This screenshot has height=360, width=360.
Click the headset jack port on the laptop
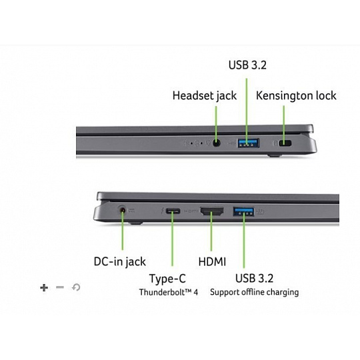coord(216,143)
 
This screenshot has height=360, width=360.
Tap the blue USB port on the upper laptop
coord(249,143)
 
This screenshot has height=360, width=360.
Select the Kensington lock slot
coord(285,143)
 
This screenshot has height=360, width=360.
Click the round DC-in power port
coord(123,210)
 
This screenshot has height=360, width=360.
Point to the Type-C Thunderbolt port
coord(173,211)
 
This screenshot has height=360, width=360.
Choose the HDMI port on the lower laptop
coord(212,211)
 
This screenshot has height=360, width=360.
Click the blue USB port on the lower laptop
coord(243,211)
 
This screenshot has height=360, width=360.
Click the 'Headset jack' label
coord(205,96)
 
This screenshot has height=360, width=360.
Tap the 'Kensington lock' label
coord(296,96)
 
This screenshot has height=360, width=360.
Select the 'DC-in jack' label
coord(119,262)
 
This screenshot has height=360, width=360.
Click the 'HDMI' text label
coord(212,262)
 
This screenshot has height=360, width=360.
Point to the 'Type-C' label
coord(167,279)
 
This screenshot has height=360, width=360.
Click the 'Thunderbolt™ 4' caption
coord(168,292)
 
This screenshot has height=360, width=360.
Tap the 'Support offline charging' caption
coord(255,292)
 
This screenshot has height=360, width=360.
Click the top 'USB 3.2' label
coord(247,65)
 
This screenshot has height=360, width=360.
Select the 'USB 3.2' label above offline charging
coord(255,278)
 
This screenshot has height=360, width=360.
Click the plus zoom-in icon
coord(44,287)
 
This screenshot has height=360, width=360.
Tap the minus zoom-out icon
coord(60,287)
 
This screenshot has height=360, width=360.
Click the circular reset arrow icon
coord(76,287)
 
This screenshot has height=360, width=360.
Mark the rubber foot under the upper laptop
coord(275,155)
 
